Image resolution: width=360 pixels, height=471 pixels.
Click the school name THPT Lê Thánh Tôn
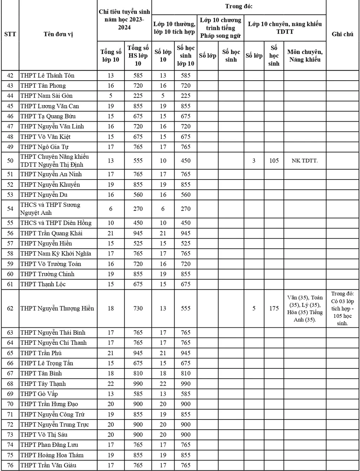tap(48, 76)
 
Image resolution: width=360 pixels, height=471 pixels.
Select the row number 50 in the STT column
tap(10, 160)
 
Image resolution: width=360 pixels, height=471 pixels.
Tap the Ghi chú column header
tap(342, 35)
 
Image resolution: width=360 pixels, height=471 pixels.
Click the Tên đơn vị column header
tap(58, 35)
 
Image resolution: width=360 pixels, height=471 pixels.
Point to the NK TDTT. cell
tap(305, 160)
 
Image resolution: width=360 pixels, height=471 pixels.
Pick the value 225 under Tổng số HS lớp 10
tap(138, 96)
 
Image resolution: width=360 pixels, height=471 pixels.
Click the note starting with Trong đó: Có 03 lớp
tap(342, 308)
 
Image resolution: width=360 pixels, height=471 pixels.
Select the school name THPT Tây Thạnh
tap(43, 384)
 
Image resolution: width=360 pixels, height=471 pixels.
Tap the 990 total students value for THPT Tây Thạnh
tap(138, 384)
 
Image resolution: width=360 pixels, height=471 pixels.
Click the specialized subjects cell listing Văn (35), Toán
tap(305, 308)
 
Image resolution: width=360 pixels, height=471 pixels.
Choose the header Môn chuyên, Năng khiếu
tap(305, 55)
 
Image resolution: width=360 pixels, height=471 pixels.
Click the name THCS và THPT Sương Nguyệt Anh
tap(50, 209)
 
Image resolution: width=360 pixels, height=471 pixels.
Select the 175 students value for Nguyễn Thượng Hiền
tap(274, 308)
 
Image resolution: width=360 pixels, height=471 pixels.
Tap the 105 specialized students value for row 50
tap(274, 160)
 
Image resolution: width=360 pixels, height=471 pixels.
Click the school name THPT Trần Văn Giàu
tap(48, 465)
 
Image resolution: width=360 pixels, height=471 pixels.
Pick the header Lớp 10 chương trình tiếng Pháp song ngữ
tap(220, 28)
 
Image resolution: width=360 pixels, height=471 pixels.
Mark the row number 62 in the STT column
tap(10, 308)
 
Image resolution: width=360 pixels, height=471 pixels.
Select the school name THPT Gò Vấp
tap(39, 394)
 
